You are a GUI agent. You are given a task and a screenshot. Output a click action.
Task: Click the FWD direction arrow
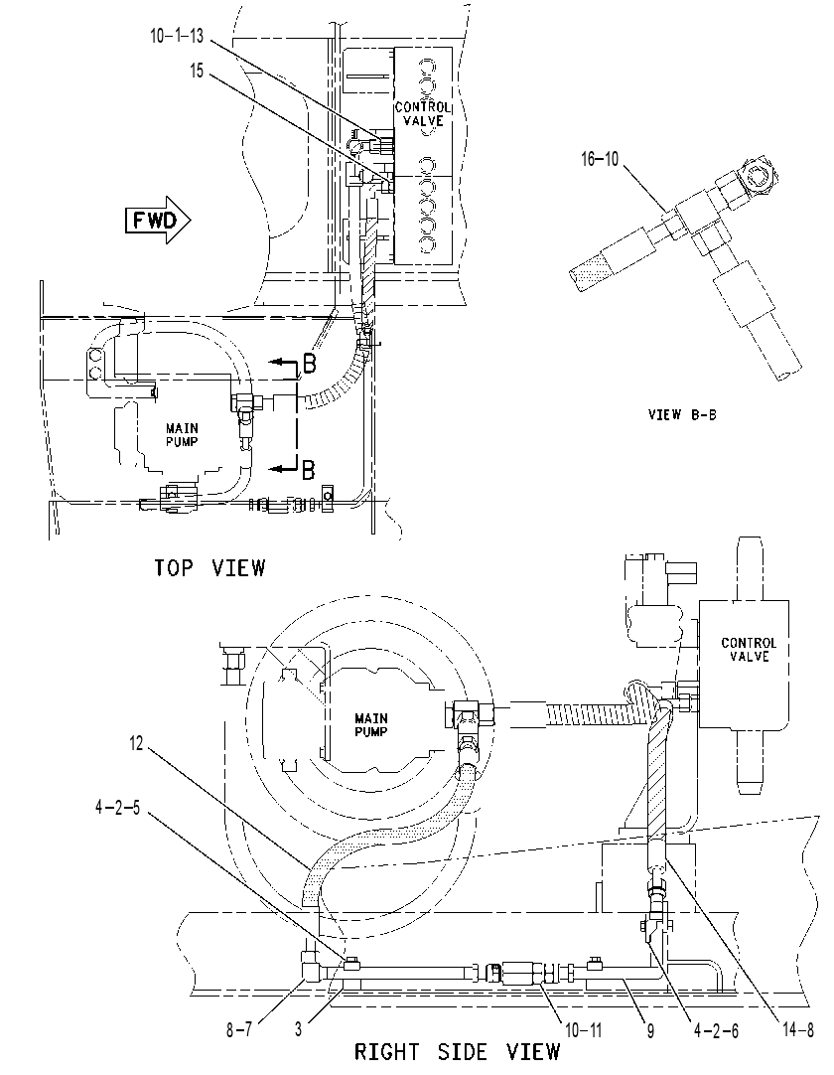pyautogui.click(x=158, y=221)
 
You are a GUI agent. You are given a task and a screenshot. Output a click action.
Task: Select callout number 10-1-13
pyautogui.click(x=177, y=37)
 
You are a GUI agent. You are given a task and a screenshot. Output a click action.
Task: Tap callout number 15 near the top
pyautogui.click(x=197, y=71)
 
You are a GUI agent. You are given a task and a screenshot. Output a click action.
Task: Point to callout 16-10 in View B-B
pyautogui.click(x=600, y=159)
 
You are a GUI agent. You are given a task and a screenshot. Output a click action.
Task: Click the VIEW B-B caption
pyautogui.click(x=682, y=414)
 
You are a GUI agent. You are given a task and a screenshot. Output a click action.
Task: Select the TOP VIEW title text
pyautogui.click(x=209, y=567)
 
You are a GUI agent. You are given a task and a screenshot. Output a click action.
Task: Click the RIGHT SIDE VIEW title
pyautogui.click(x=457, y=1052)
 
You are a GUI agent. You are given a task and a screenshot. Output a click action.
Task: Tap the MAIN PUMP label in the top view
pyautogui.click(x=183, y=435)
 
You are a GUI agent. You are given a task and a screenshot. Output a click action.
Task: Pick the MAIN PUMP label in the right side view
pyautogui.click(x=370, y=725)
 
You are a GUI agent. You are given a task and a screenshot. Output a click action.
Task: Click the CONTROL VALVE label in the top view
pyautogui.click(x=423, y=114)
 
